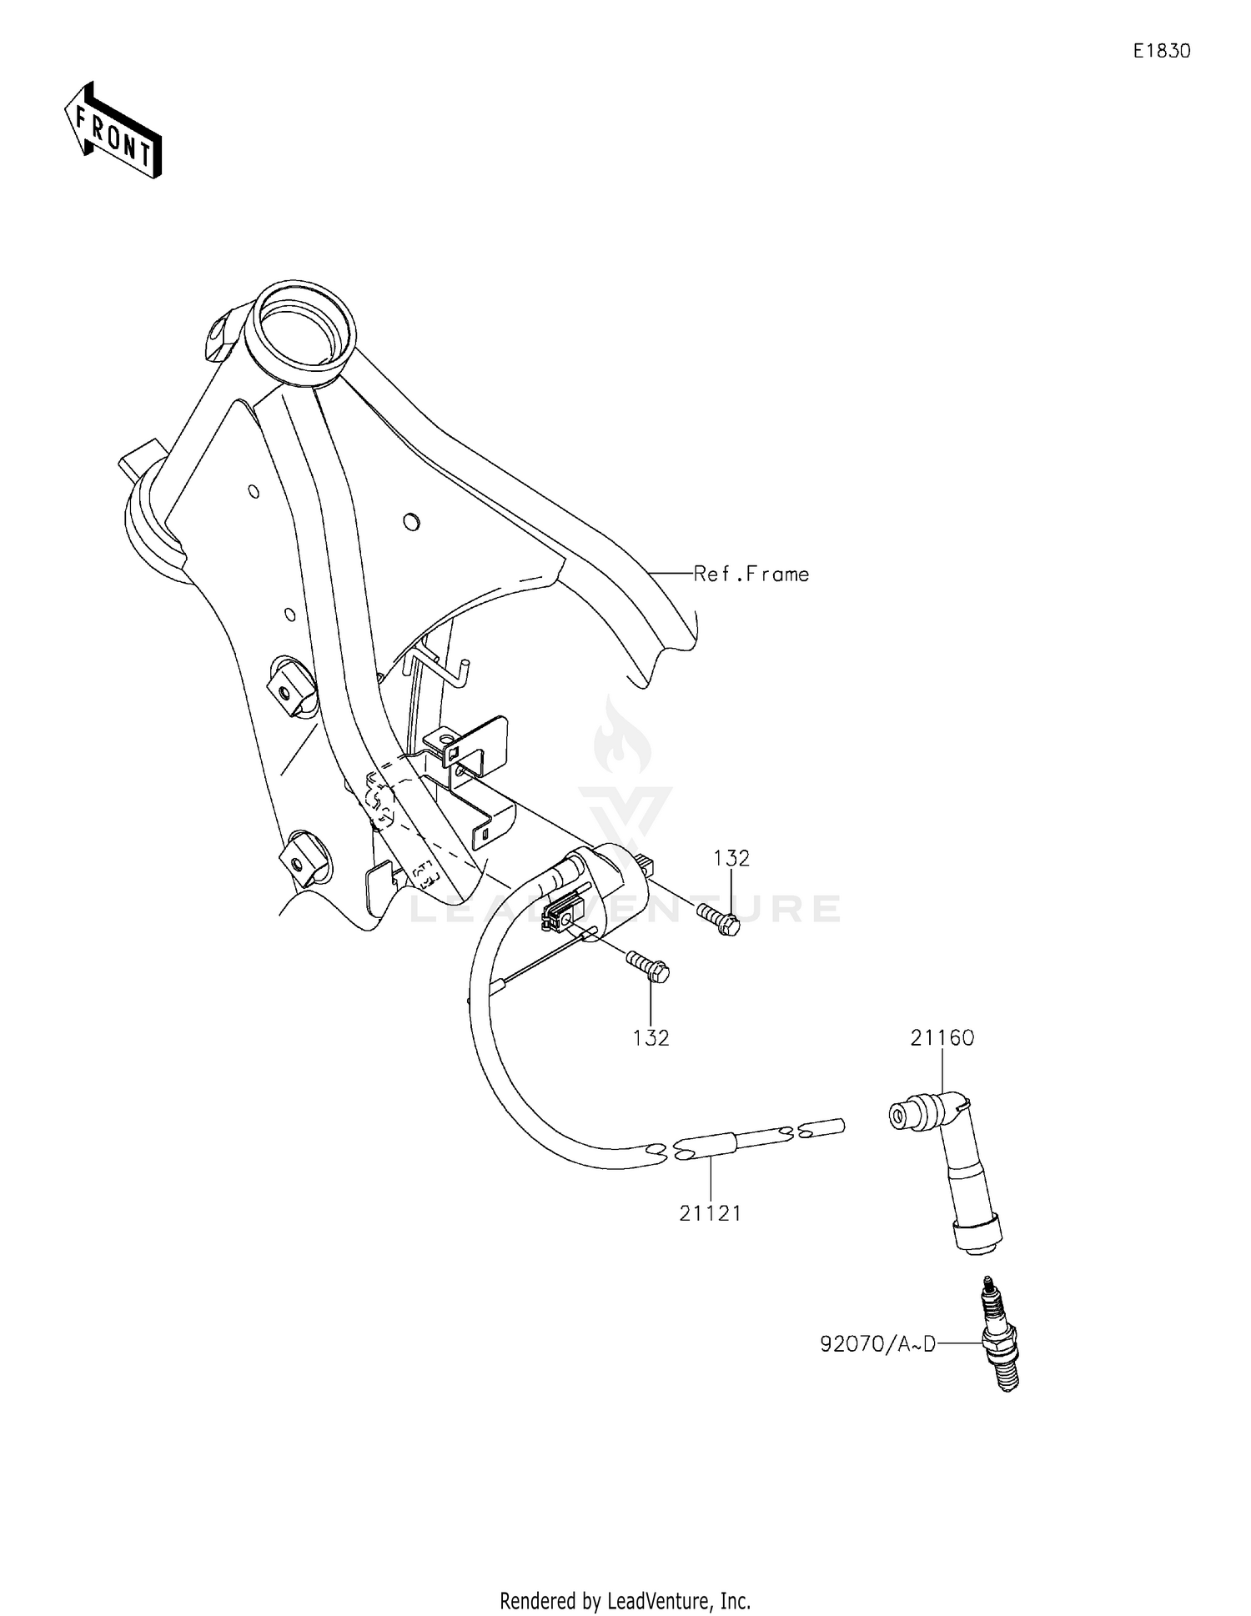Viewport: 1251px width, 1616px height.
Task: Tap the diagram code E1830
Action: coord(1161,51)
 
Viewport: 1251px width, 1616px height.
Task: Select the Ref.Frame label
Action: coord(751,574)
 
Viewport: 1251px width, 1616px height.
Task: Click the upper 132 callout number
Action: coord(731,858)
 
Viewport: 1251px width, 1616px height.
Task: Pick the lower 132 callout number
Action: coord(651,1037)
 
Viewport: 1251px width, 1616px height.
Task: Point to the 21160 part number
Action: coord(942,1037)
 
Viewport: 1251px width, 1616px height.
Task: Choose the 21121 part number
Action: coord(710,1213)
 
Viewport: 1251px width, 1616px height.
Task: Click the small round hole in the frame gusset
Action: coord(410,522)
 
